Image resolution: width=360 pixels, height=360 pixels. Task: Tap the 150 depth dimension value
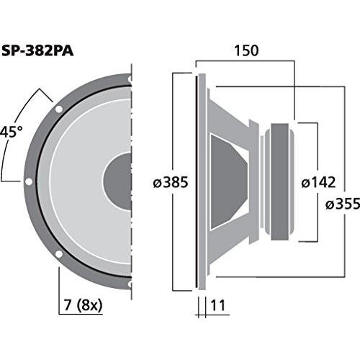coord(246,52)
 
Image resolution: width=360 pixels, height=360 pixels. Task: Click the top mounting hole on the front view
coord(130,79)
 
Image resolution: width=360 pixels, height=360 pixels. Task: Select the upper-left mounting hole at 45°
coord(58,109)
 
